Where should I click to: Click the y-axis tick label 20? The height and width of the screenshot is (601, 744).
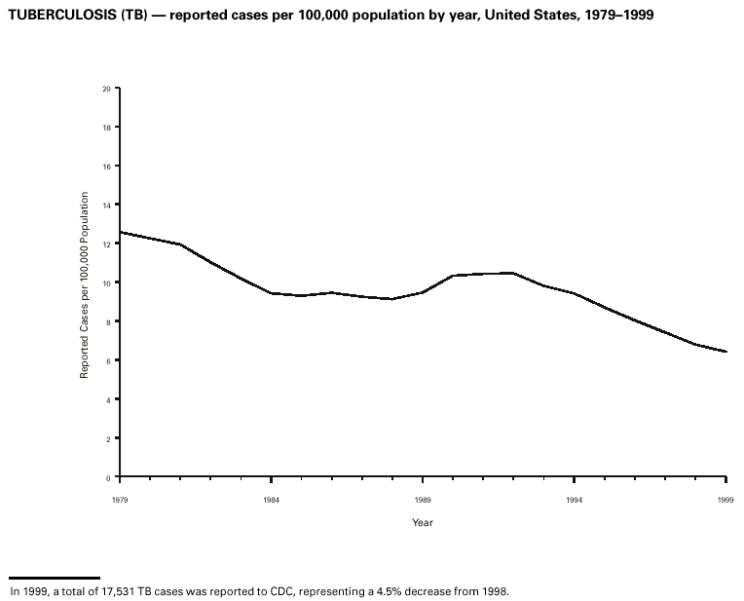click(107, 89)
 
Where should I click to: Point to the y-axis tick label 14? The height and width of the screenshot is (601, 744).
click(107, 206)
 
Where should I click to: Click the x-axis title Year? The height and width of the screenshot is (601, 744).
click(422, 523)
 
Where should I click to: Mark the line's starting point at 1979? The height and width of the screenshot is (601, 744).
click(120, 232)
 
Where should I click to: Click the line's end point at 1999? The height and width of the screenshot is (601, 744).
click(726, 352)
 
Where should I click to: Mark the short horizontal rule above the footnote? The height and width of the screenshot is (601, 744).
click(54, 578)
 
